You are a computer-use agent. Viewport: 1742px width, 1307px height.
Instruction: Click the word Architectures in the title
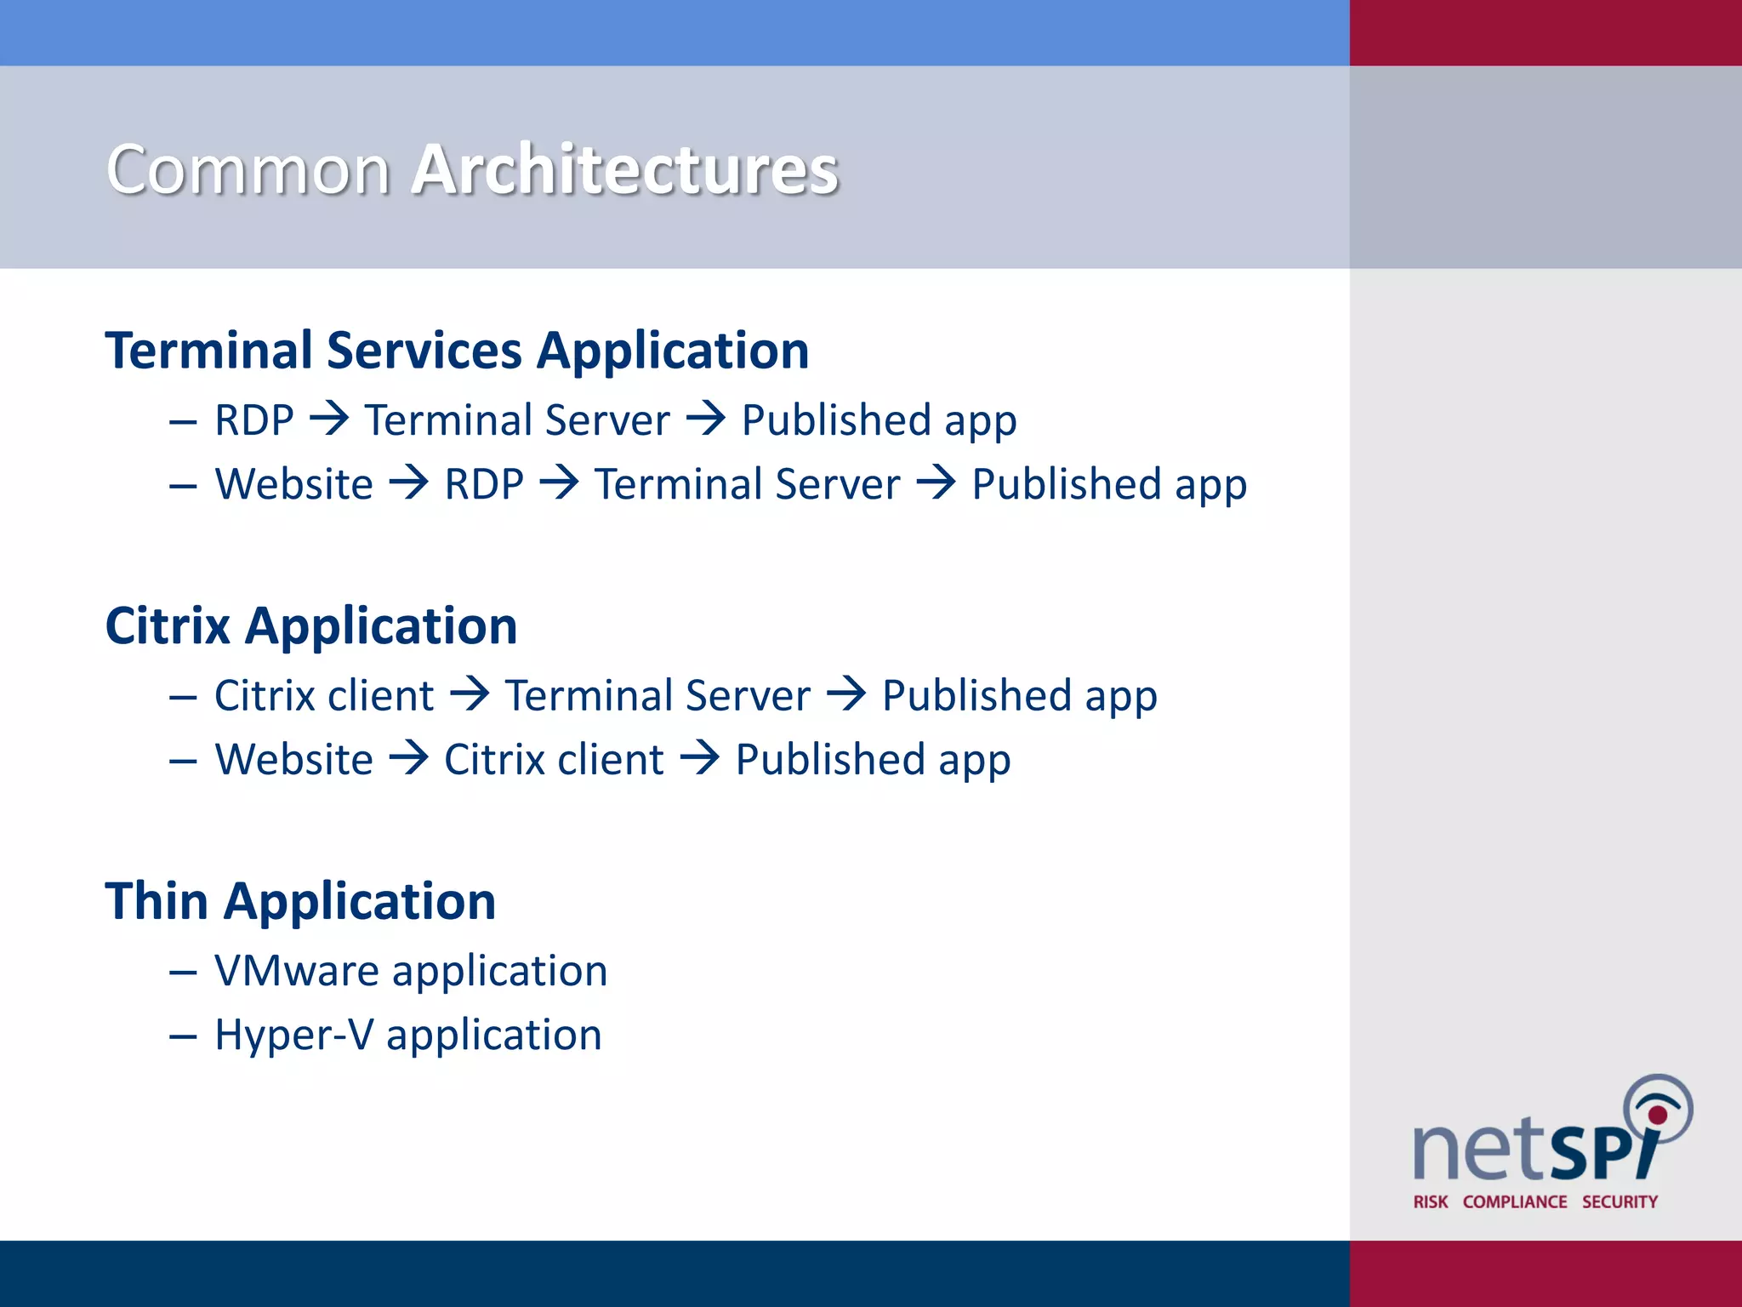pos(625,169)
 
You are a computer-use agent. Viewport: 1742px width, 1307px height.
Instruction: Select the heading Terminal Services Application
pos(457,351)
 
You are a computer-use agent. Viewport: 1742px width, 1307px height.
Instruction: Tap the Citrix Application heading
pos(311,626)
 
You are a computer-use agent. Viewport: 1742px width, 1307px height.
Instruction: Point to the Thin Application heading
pos(300,901)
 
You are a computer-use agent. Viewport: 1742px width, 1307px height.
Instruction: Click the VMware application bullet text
pos(411,971)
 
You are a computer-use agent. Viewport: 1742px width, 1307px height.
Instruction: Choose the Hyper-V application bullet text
pos(408,1035)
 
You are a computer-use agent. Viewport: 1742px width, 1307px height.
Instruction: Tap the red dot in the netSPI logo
pos(1658,1115)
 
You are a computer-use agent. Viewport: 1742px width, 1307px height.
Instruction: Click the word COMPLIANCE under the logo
pos(1515,1201)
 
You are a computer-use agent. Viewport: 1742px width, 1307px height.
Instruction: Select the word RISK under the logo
pos(1431,1201)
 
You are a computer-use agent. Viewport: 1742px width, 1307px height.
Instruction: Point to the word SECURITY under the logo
pos(1620,1201)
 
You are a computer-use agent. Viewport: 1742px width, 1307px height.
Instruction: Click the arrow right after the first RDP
pos(329,419)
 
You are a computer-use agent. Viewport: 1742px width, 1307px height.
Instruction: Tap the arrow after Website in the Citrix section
pos(409,757)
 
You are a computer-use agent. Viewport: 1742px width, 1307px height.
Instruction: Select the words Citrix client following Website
pos(554,759)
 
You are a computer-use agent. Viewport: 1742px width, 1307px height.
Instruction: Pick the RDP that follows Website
pos(484,484)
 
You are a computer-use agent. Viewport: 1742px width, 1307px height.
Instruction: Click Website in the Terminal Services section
pos(294,484)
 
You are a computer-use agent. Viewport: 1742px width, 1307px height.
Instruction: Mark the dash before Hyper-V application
pos(183,1036)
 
